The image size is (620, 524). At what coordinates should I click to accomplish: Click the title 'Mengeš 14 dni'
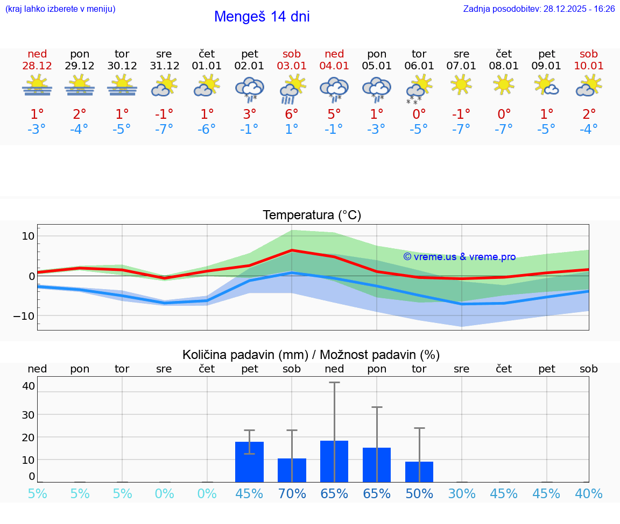[x=262, y=17]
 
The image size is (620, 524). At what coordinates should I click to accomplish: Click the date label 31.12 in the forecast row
[x=164, y=66]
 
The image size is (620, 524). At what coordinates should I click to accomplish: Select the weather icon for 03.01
[x=292, y=89]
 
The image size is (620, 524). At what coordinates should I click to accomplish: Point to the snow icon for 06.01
[x=419, y=90]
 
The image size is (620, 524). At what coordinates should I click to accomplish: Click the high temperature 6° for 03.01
[x=292, y=114]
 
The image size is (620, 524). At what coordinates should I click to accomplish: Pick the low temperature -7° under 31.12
[x=164, y=130]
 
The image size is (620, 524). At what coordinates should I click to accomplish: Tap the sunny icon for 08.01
[x=504, y=85]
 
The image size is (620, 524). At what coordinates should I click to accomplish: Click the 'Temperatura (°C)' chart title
[x=312, y=216]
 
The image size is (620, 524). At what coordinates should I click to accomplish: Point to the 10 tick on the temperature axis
[x=28, y=236]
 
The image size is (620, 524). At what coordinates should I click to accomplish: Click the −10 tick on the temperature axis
[x=24, y=315]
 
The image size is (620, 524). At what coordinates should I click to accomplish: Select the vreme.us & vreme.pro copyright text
[x=459, y=257]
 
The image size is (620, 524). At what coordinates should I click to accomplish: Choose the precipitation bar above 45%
[x=249, y=462]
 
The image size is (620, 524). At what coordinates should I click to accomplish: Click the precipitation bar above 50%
[x=419, y=471]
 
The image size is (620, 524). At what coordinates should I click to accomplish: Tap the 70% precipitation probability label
[x=292, y=494]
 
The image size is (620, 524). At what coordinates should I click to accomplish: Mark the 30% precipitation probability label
[x=462, y=494]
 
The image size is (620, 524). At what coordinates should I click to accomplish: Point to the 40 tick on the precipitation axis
[x=29, y=386]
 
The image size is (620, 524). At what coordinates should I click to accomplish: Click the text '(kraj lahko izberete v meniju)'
[x=60, y=9]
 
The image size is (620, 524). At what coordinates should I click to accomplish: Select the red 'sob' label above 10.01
[x=589, y=54]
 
